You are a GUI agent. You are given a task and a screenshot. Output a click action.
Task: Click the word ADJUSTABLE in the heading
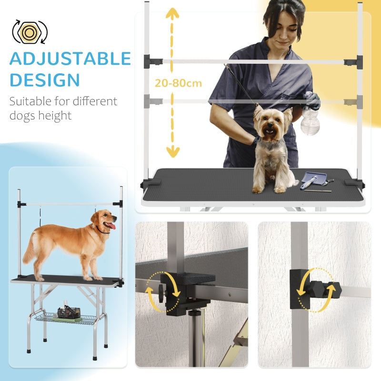tap(70, 59)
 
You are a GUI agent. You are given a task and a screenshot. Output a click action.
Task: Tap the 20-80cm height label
tap(178, 83)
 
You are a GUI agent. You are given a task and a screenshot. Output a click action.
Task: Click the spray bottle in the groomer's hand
tap(310, 119)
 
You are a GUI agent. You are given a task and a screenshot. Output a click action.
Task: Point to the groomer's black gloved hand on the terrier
tap(257, 140)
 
